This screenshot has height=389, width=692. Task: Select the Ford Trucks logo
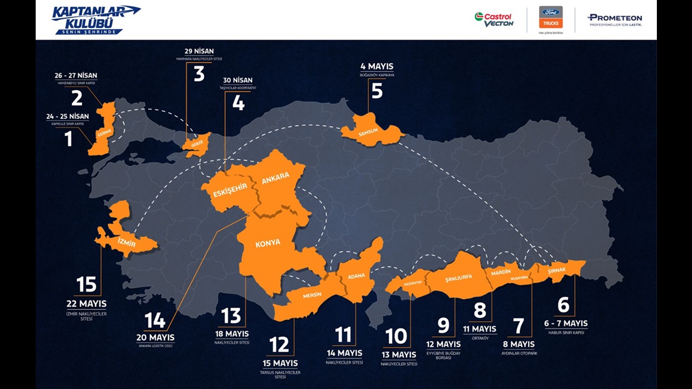[x=551, y=18]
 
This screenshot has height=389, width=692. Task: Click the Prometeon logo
[x=615, y=20]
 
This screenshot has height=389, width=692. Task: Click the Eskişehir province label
[x=230, y=190]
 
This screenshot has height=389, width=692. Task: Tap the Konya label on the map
[x=268, y=243]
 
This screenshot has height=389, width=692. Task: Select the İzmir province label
[x=127, y=244]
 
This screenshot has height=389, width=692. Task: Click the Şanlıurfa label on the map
[x=458, y=278]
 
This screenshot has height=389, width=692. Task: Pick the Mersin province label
[x=312, y=295]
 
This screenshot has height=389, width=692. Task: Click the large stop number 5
[x=377, y=91]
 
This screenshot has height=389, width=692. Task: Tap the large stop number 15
[x=86, y=285]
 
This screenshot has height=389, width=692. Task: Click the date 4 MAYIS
[x=377, y=67]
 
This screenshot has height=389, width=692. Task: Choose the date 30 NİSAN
[x=238, y=81]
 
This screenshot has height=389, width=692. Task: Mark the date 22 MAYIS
[x=86, y=304]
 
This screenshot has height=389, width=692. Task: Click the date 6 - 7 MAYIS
[x=565, y=324]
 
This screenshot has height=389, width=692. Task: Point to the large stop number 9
[x=443, y=326]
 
